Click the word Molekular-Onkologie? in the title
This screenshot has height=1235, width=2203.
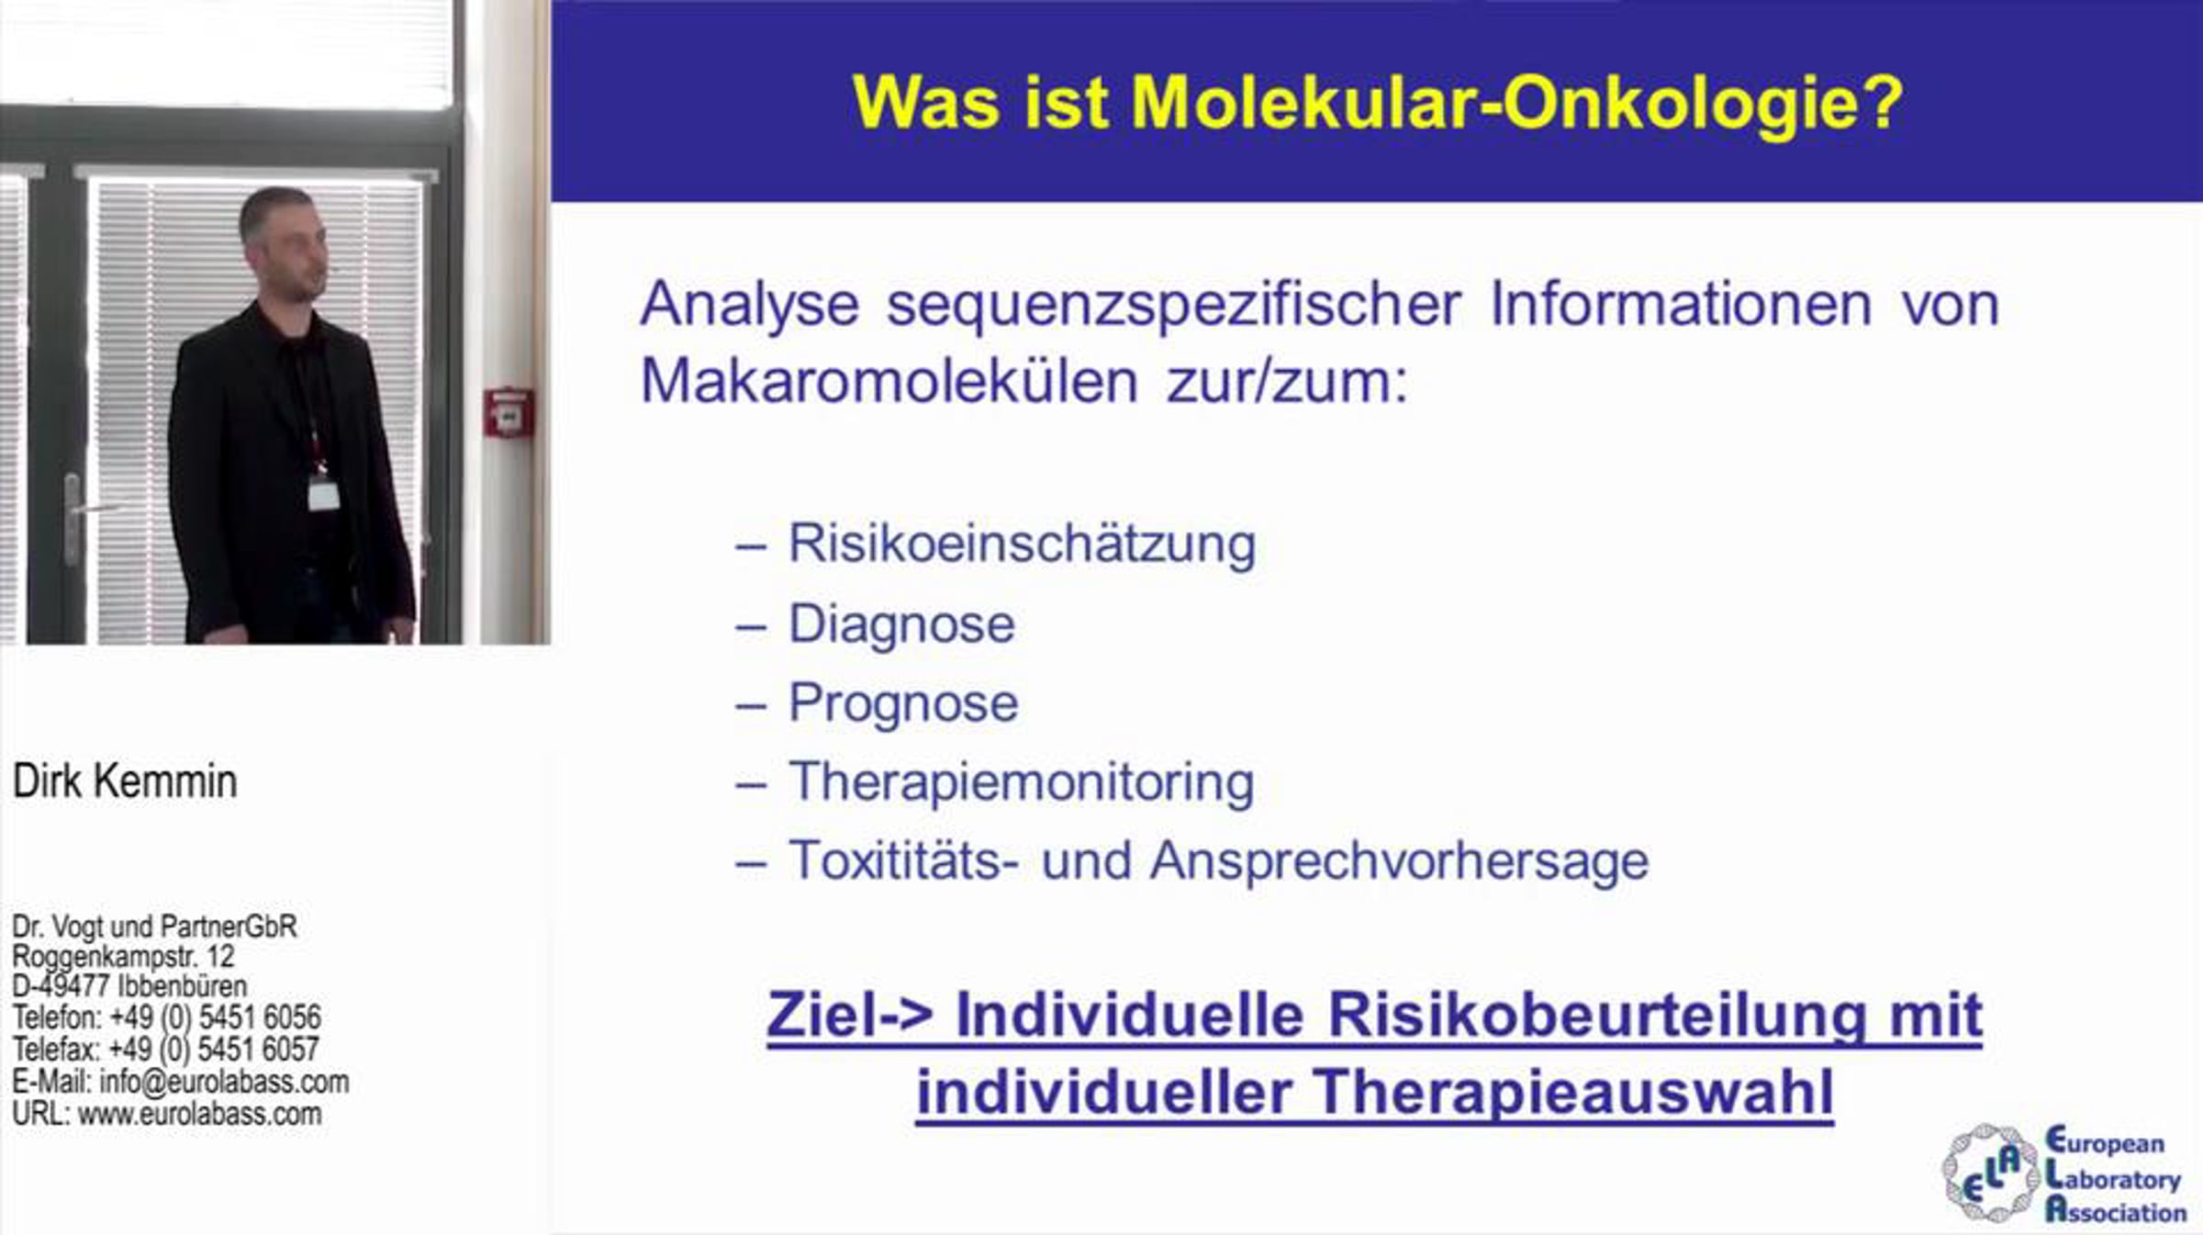point(1517,103)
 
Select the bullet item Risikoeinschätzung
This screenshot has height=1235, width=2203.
point(1022,544)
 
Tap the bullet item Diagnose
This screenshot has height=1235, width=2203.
point(901,624)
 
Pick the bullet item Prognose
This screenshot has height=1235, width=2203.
point(903,703)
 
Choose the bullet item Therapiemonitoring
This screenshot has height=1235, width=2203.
point(1021,783)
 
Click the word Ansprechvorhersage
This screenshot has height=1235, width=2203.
point(1399,861)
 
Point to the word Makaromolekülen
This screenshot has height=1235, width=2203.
point(889,380)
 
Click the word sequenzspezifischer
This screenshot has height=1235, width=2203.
point(1173,305)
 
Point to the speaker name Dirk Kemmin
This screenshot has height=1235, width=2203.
point(125,781)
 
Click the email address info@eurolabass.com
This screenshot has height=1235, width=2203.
point(224,1082)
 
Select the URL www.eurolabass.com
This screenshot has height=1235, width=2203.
point(199,1114)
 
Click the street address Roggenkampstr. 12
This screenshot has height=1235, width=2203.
point(123,957)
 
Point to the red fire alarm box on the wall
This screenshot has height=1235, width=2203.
point(509,413)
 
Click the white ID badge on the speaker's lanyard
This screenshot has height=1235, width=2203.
point(323,493)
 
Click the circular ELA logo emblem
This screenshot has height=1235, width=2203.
point(1989,1173)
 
